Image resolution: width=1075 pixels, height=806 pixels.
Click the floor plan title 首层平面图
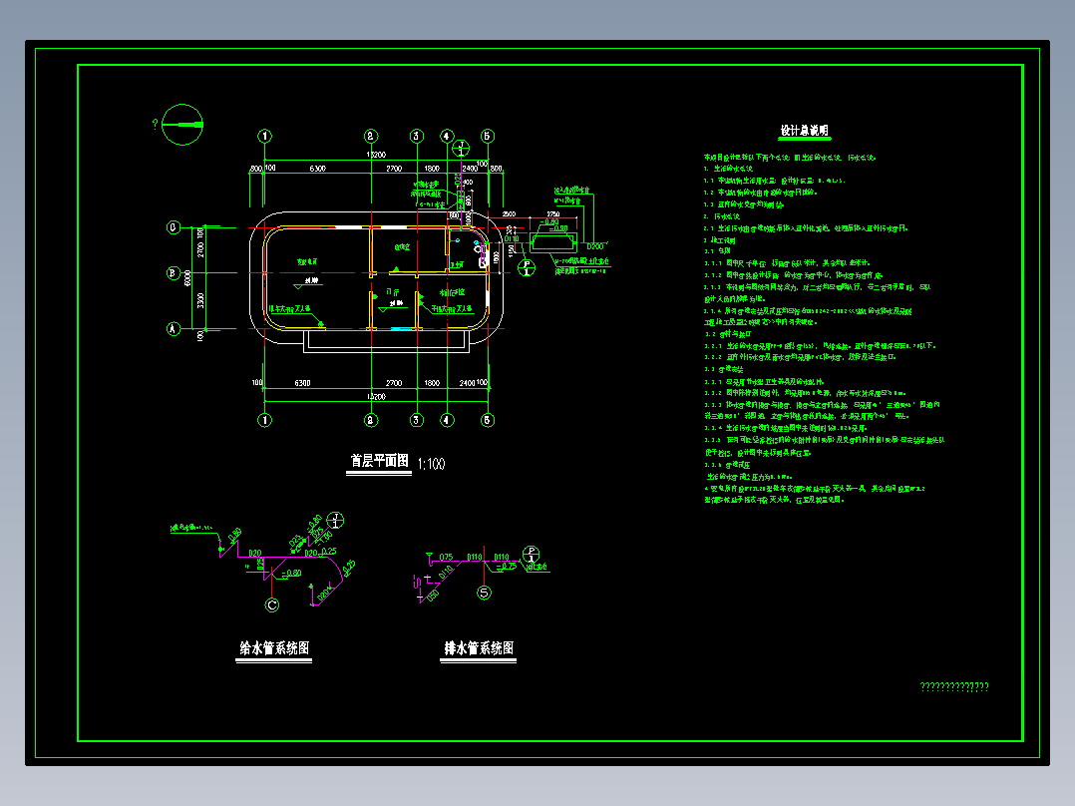coord(378,461)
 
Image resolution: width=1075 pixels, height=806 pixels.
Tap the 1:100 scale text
coord(431,464)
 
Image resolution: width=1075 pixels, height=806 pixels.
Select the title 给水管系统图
coord(274,648)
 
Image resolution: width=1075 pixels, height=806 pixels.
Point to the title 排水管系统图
coord(479,648)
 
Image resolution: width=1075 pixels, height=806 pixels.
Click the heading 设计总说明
coord(804,131)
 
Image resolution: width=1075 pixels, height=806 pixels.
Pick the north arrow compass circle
coord(181,125)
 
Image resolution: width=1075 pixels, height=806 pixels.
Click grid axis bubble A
coord(174,328)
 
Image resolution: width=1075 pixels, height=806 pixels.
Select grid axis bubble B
coord(174,272)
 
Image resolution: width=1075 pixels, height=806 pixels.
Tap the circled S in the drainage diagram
coord(485,594)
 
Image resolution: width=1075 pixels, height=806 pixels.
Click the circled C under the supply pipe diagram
coord(273,604)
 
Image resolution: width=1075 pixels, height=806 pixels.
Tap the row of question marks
coord(953,686)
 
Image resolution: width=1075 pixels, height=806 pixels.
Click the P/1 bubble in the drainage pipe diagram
coord(532,554)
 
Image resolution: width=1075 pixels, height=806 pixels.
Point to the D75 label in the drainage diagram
coord(446,557)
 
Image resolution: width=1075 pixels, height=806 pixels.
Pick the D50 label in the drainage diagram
coord(433,596)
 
